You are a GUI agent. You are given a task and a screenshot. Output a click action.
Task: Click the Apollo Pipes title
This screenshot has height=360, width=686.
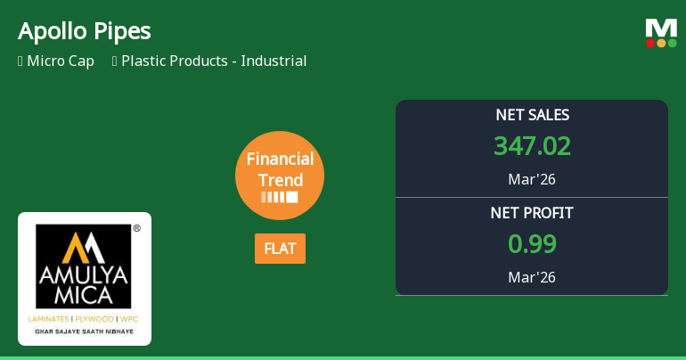coord(85,31)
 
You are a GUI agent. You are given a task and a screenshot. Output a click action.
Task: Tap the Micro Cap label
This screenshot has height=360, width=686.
coord(61,61)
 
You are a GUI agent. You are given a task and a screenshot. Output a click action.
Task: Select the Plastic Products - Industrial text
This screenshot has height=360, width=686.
coord(214,61)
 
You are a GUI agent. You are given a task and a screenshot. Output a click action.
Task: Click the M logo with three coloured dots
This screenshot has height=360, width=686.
coord(661,33)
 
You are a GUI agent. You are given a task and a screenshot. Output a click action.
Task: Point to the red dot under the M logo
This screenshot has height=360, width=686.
coord(650,44)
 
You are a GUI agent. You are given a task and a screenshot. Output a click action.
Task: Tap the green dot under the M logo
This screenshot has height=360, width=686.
coord(672,44)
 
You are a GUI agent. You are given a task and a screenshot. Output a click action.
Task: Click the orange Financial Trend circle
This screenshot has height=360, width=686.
coord(280,176)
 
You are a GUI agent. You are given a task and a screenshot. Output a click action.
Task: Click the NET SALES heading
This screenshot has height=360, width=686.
coord(532,115)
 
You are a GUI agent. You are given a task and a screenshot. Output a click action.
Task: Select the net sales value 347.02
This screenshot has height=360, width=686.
coord(532,146)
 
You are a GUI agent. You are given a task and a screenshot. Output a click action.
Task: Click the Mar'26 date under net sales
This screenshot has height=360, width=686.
coord(532,179)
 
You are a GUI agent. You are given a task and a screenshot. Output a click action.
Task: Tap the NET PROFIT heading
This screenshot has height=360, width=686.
coord(532,213)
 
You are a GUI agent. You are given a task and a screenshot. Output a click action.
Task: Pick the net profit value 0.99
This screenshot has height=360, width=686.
coord(532,244)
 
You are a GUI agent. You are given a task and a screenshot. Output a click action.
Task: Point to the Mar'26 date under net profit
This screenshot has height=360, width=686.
coord(532,277)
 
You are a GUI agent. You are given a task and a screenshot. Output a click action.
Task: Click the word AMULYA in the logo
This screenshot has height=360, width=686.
coord(83,275)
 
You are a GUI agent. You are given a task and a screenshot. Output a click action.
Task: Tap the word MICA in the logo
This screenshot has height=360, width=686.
coord(83,295)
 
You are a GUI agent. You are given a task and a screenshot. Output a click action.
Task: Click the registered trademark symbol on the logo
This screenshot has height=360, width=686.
coord(137,228)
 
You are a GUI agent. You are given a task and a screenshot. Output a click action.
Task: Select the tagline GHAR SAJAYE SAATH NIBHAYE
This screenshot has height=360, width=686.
coord(84,331)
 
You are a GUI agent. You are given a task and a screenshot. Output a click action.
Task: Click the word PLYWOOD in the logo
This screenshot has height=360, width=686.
coord(94,319)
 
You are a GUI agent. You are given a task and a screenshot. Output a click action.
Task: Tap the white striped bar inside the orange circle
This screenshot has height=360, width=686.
coord(280,197)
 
